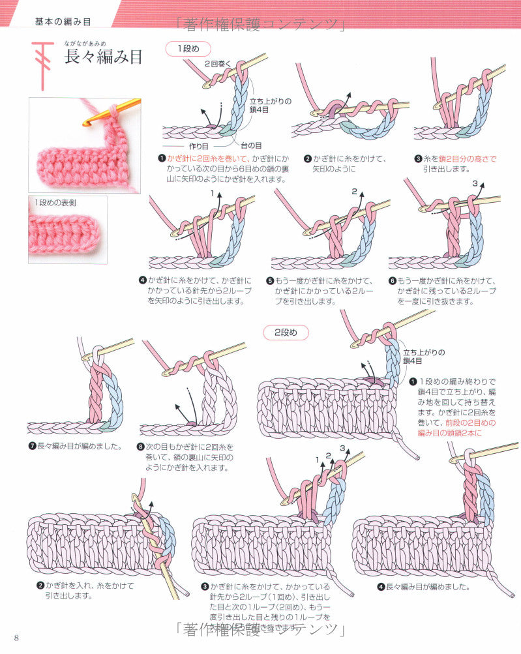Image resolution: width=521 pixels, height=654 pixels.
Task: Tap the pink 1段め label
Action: coord(188,48)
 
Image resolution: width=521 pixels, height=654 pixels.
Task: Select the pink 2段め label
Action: coord(285,332)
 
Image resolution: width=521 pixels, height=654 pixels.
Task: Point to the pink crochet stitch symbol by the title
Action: coord(43,64)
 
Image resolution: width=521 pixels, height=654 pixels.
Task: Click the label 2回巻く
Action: coord(217,64)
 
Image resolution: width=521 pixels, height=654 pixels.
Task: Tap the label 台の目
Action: coord(251,145)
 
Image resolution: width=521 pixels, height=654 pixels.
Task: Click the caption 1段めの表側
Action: coord(56,202)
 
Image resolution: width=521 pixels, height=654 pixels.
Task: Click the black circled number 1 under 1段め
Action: coord(161,158)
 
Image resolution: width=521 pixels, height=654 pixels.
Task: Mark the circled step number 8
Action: coord(141,447)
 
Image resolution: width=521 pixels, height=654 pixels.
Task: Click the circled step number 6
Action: coord(392,281)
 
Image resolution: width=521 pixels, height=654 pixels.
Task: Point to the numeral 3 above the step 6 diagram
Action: coord(475,184)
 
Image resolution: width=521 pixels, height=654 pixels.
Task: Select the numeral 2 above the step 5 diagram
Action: coord(354,192)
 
